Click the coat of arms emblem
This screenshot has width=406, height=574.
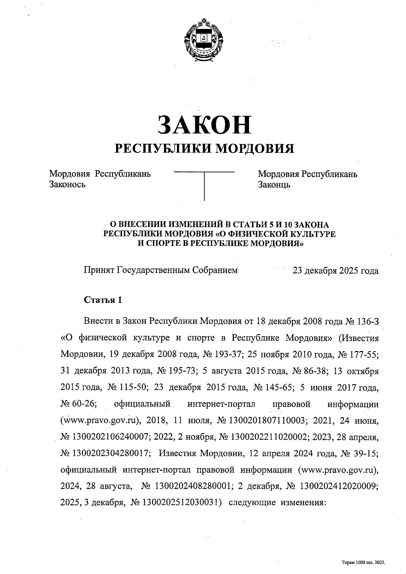[203, 40]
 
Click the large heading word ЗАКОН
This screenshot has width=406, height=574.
[204, 124]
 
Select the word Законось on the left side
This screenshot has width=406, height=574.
[67, 185]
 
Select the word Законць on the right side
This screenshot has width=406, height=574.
[274, 185]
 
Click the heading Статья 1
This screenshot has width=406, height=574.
[103, 300]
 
